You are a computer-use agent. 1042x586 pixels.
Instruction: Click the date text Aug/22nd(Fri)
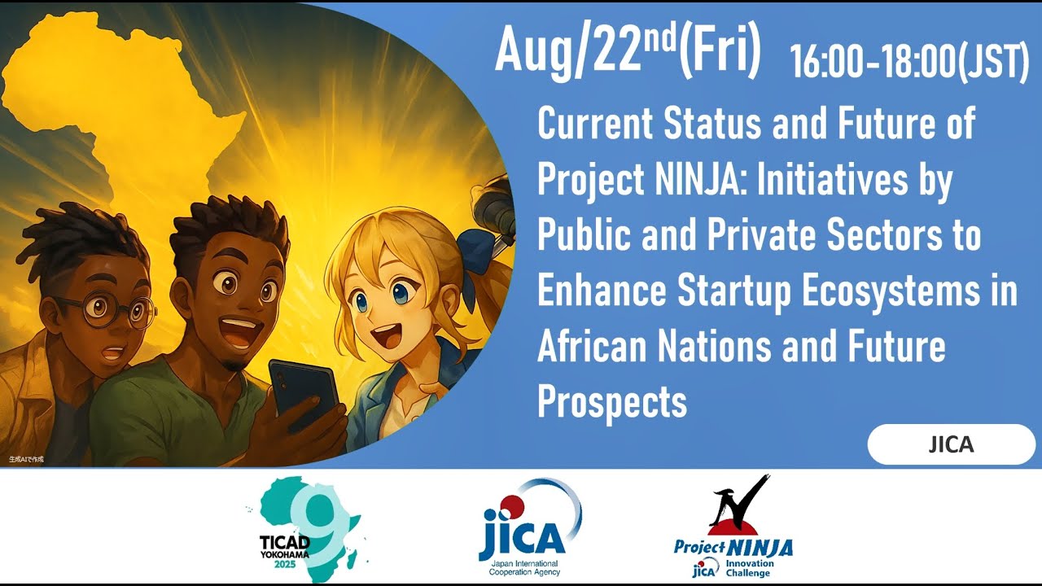click(x=628, y=50)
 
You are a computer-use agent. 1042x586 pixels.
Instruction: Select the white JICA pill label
click(x=951, y=444)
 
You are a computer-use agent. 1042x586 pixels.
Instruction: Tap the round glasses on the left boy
click(x=106, y=312)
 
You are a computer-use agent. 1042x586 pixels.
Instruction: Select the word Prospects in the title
click(x=612, y=400)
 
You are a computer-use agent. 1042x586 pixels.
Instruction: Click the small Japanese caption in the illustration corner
click(x=26, y=459)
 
